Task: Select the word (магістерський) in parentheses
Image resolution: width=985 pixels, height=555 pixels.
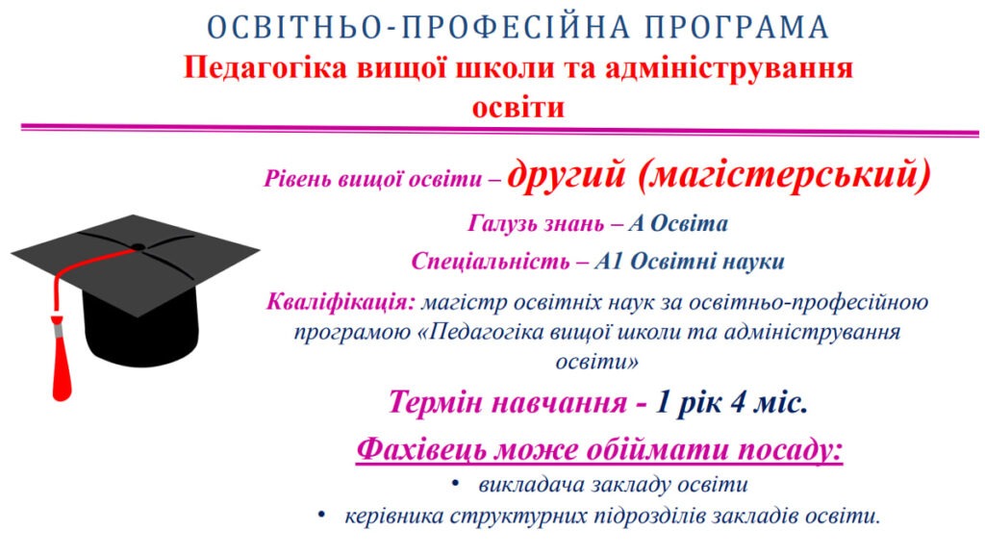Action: coord(784,174)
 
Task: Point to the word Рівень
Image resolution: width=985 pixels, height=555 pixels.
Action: coord(298,179)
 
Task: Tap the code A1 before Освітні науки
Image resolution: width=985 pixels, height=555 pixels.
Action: coord(608,262)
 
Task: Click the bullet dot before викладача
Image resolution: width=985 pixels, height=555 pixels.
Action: coord(455,484)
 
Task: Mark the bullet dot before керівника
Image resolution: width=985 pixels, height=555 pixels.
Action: coord(321,515)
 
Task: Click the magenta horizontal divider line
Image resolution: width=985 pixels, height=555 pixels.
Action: coord(500,131)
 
